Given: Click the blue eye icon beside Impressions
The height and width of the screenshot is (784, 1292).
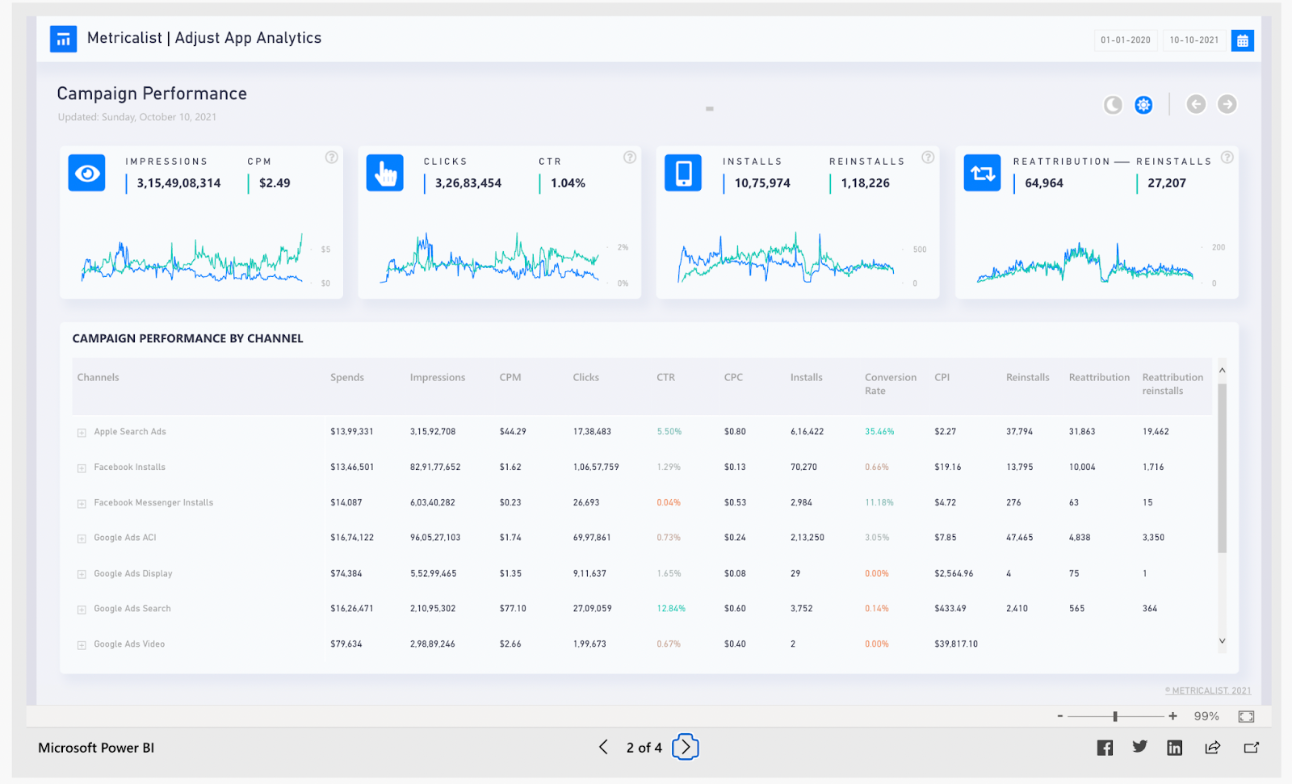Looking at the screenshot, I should click(x=86, y=173).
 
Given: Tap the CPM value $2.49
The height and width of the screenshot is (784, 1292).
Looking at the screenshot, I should click(x=275, y=183).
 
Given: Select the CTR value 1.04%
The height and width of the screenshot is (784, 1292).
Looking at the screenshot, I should click(x=568, y=183).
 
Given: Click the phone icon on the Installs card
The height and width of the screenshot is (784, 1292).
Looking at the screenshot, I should click(x=683, y=173).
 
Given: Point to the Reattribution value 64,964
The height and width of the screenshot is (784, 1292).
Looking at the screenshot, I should click(x=1043, y=183).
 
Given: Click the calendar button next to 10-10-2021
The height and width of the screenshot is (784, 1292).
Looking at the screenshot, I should click(x=1242, y=40).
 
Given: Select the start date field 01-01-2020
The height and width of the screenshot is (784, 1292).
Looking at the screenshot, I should click(x=1125, y=40).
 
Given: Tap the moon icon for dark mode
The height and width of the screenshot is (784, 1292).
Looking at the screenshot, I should click(x=1113, y=105).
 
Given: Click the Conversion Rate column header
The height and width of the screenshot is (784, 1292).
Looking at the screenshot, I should click(x=890, y=384).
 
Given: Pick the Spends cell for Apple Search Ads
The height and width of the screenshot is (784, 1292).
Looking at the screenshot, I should click(x=351, y=432).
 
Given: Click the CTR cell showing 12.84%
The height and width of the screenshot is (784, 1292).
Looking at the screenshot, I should click(x=670, y=609).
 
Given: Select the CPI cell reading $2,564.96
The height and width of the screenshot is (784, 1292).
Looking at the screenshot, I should click(x=954, y=574).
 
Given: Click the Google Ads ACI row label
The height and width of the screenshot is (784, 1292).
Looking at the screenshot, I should click(x=125, y=538).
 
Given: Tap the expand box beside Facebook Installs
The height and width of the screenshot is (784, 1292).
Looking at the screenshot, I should click(x=82, y=468).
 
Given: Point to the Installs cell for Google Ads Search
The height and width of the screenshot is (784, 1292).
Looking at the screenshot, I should click(x=801, y=609).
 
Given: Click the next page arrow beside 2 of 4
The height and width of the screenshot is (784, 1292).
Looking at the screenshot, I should click(x=685, y=748).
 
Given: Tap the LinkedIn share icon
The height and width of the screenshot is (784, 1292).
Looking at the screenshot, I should click(x=1174, y=748).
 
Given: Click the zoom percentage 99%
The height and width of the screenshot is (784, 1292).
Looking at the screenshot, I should click(x=1206, y=716).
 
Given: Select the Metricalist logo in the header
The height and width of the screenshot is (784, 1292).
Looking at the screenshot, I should click(x=63, y=39).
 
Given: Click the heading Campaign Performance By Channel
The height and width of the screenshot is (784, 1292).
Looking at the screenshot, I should click(x=187, y=338).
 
